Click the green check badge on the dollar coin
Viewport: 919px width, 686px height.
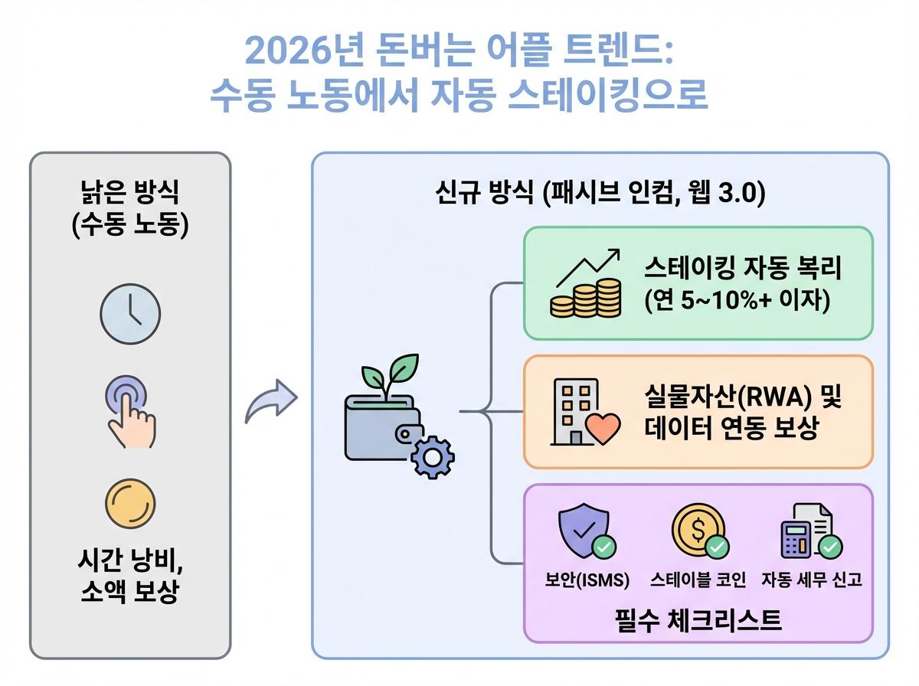coord(718,547)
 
